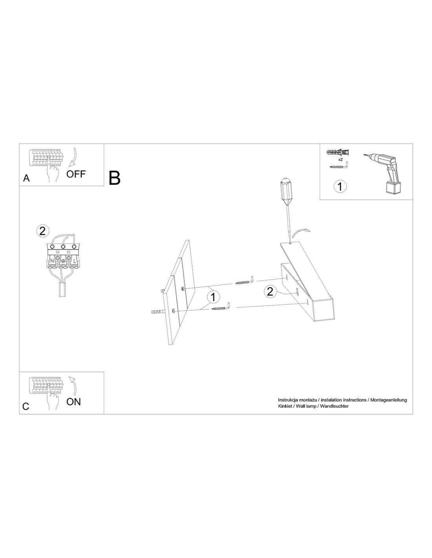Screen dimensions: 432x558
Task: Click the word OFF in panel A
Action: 76,174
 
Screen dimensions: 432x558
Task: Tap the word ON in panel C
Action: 73,401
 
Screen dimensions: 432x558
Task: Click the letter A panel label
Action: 26,178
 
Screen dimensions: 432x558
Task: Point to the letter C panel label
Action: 26,406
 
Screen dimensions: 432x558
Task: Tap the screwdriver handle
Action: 287,190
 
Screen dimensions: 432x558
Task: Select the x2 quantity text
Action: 340,159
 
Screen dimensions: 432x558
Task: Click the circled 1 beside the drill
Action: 340,186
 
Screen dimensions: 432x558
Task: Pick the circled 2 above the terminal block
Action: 43,231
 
